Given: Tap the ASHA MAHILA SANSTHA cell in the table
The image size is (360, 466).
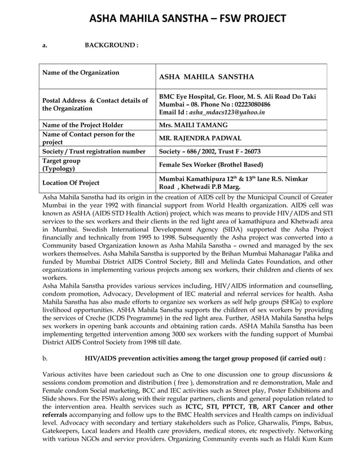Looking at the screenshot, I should pyautogui.click(x=207, y=77).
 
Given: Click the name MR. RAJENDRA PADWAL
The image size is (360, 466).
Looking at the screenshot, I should pyautogui.click(x=201, y=138).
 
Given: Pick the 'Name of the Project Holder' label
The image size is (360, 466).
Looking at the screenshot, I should pyautogui.click(x=82, y=125).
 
